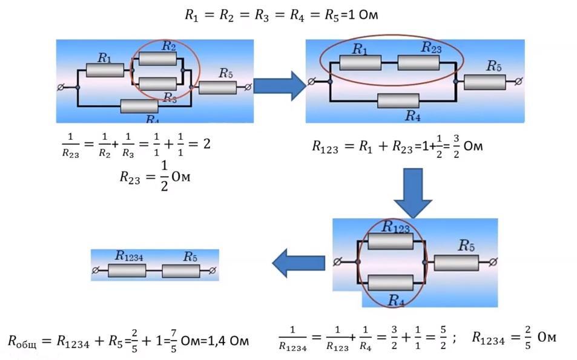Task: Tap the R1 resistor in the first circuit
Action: tap(105, 70)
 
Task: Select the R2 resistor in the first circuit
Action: tap(157, 58)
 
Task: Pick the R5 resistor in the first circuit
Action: tap(217, 87)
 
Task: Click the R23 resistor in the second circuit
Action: tap(418, 62)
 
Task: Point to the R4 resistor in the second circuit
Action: tap(398, 100)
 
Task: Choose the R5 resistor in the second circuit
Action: tap(485, 82)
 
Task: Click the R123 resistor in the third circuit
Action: tap(390, 241)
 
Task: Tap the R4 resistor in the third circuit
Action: tap(390, 283)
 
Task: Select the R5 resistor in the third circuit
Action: tap(456, 263)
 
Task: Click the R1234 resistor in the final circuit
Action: tap(127, 270)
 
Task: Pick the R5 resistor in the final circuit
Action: tap(181, 270)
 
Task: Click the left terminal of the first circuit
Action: tap(61, 88)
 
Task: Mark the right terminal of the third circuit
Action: tap(493, 262)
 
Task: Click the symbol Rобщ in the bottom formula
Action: tap(23, 342)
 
